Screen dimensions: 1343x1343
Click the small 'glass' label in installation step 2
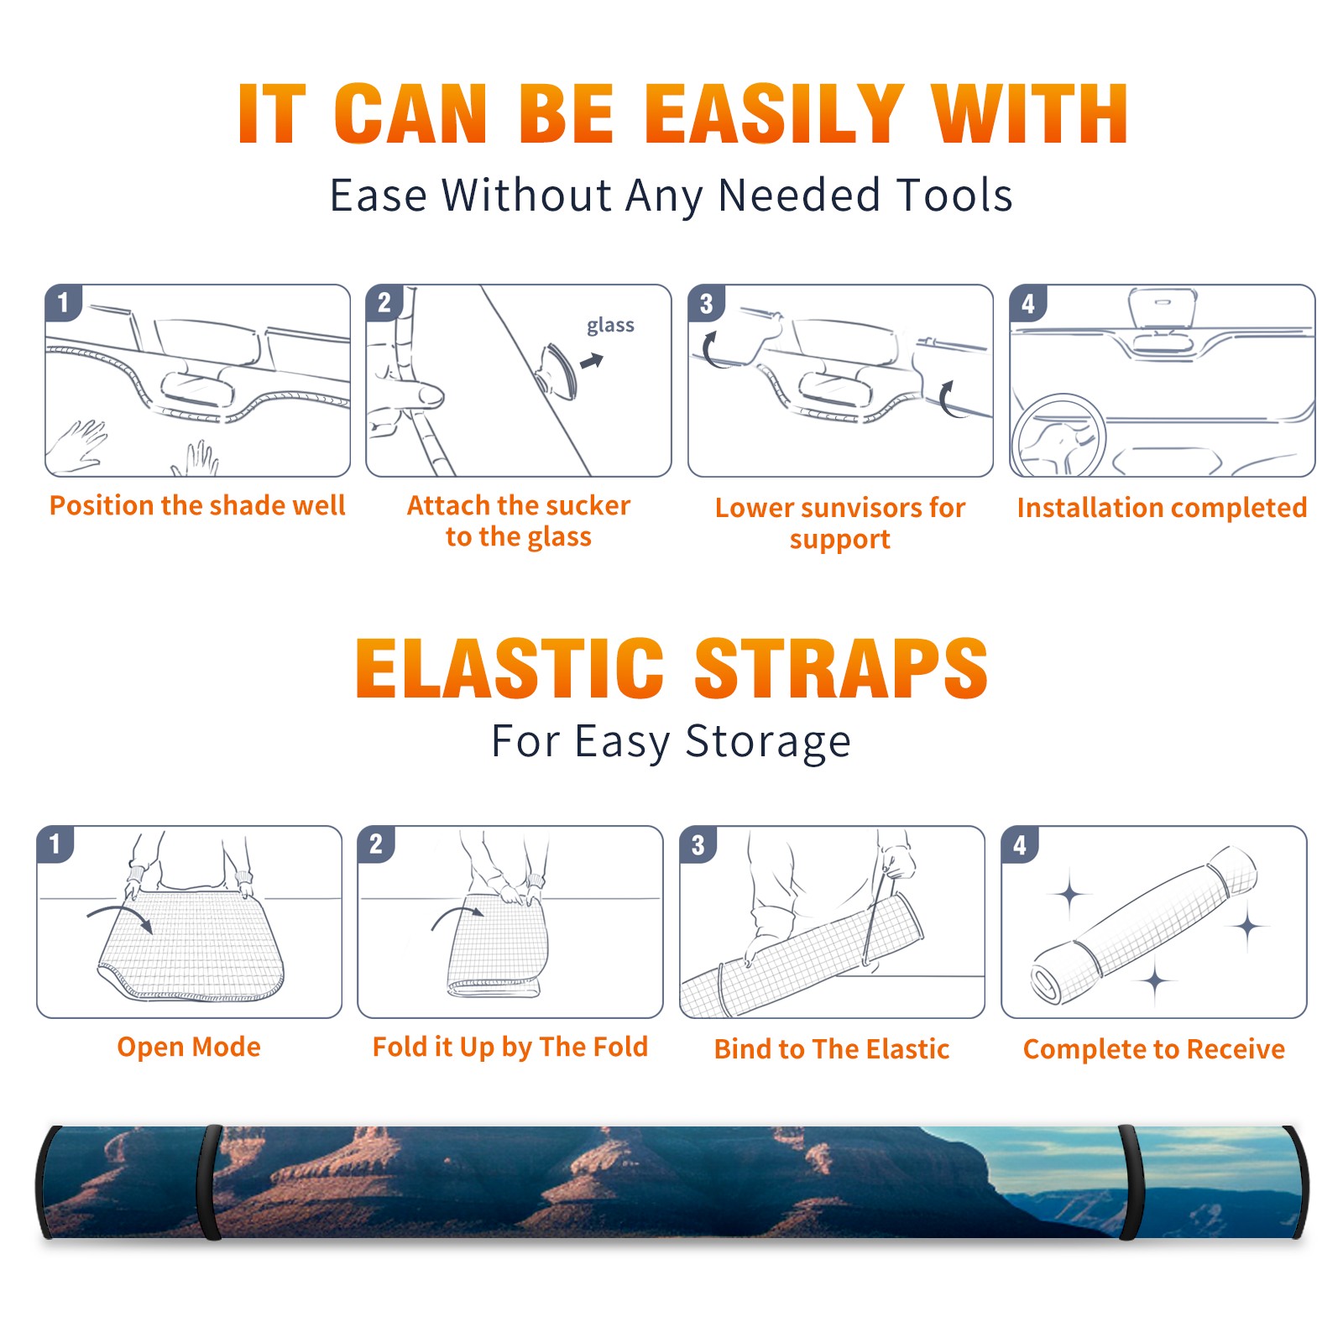pyautogui.click(x=610, y=326)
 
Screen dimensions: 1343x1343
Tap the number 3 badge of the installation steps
pyautogui.click(x=706, y=303)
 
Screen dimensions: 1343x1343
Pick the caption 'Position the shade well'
pyautogui.click(x=197, y=505)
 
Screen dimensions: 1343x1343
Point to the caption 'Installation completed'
pyautogui.click(x=1162, y=508)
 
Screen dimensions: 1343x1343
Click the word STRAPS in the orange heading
pyautogui.click(x=841, y=668)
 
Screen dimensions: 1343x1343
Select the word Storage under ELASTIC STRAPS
pyautogui.click(x=768, y=742)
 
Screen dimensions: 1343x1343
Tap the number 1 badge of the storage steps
pyautogui.click(x=55, y=844)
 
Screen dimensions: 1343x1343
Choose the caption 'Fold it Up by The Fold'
pyautogui.click(x=510, y=1047)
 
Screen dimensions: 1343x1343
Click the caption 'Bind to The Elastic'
pyautogui.click(x=832, y=1049)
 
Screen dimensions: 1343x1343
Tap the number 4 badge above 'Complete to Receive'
pyautogui.click(x=1020, y=844)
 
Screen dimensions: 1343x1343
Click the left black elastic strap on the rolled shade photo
pyautogui.click(x=210, y=1182)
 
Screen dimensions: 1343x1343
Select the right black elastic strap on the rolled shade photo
pyautogui.click(x=1130, y=1182)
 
